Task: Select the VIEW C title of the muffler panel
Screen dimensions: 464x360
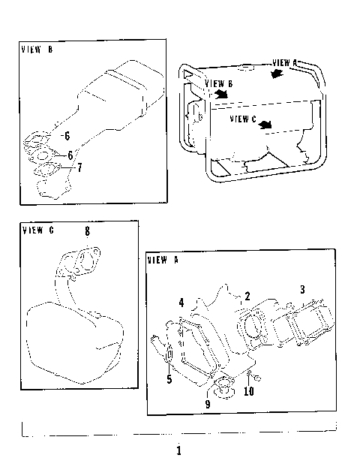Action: (x=38, y=230)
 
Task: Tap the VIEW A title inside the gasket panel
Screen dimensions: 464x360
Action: (x=163, y=260)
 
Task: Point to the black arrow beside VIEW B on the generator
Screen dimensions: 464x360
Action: (x=221, y=95)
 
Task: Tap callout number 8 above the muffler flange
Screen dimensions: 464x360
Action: (x=87, y=231)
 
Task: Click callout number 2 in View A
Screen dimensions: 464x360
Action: (x=247, y=297)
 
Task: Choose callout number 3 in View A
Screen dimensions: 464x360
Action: (x=302, y=289)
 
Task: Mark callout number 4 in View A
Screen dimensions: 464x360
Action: (x=181, y=303)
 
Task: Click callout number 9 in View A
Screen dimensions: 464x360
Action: (x=208, y=403)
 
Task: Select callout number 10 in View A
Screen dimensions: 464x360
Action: (x=248, y=391)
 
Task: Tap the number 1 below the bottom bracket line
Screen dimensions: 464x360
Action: (x=178, y=450)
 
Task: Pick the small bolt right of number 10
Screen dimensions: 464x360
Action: (x=257, y=377)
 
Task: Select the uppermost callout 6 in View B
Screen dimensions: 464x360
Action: (x=66, y=137)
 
